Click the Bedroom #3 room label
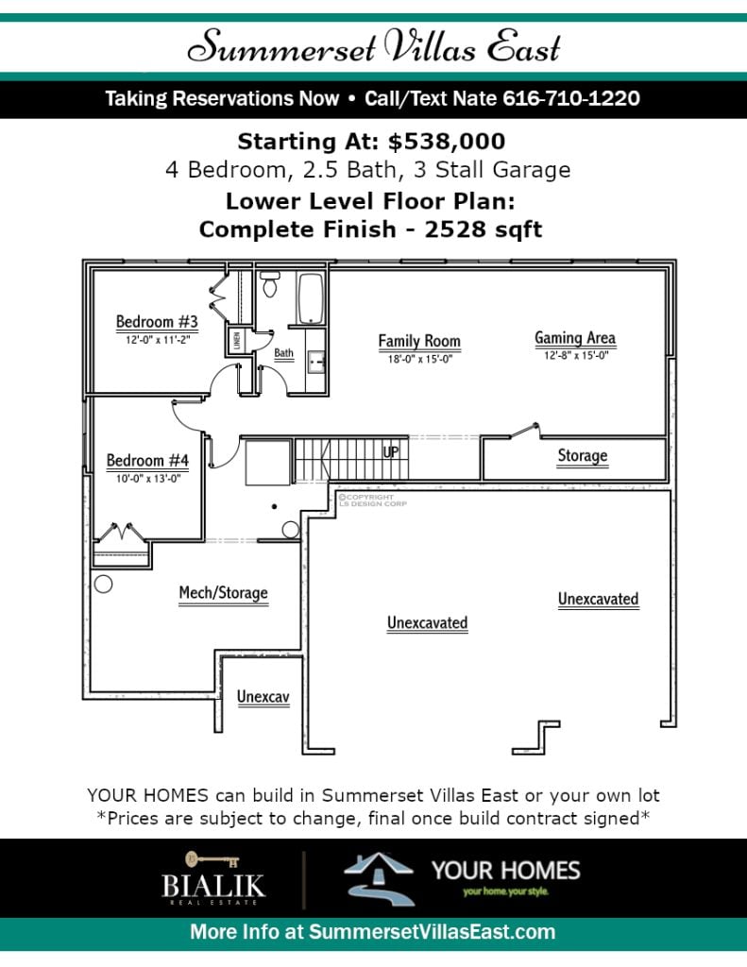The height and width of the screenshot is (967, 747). tap(157, 322)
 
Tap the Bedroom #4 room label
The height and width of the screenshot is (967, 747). tap(147, 461)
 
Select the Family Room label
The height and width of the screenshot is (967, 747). tap(419, 341)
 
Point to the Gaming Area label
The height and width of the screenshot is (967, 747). tap(575, 338)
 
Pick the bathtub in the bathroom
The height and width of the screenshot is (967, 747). tap(311, 298)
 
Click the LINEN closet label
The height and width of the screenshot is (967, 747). tap(237, 341)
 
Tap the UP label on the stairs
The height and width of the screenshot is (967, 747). tap(391, 452)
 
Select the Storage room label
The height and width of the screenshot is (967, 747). tap(583, 456)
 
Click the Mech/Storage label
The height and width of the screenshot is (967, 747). tap(223, 593)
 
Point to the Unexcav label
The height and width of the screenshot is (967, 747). tap(263, 697)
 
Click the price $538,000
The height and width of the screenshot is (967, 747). tap(447, 142)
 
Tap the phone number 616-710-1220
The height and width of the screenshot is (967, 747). tap(571, 98)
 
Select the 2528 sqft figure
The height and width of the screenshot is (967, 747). tap(483, 229)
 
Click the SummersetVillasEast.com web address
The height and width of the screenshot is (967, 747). tap(432, 932)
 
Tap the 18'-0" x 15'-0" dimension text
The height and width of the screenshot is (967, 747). tap(420, 359)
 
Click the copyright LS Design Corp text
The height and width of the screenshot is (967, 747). tap(372, 500)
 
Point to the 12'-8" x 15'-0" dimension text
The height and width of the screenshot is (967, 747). tap(576, 355)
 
